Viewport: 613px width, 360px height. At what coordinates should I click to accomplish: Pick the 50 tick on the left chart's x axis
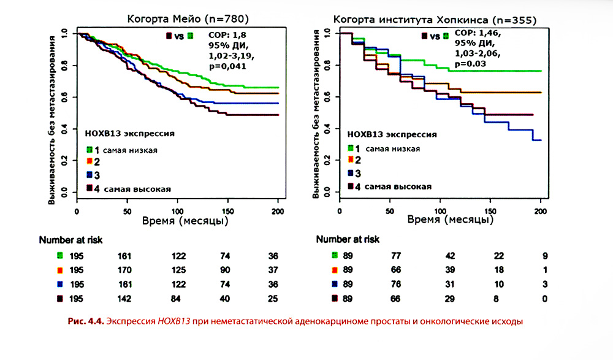click(x=127, y=212)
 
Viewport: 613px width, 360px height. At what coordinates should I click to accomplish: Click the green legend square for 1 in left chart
click(x=89, y=150)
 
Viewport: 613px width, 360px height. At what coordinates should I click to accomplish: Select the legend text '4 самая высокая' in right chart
click(x=394, y=186)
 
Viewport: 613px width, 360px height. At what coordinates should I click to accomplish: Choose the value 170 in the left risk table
click(x=126, y=270)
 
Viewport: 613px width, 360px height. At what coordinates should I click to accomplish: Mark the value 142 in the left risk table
click(x=126, y=299)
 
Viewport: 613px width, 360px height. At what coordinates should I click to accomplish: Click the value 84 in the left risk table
click(x=177, y=299)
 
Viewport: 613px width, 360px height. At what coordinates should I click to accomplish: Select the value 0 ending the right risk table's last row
click(x=544, y=299)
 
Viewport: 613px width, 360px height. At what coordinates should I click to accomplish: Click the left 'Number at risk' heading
click(x=70, y=239)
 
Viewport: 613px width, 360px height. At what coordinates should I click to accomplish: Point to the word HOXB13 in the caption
click(x=173, y=321)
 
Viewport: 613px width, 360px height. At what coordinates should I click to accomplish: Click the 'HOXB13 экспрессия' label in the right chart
click(x=383, y=133)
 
